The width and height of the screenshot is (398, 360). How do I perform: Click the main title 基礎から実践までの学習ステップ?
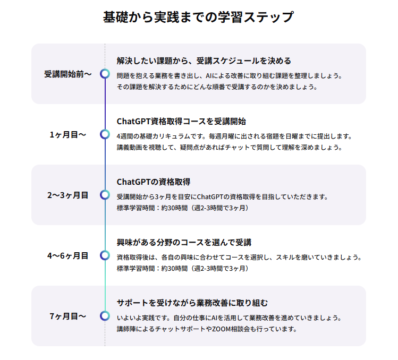coord(198,17)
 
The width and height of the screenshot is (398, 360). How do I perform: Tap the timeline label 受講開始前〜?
coord(67,74)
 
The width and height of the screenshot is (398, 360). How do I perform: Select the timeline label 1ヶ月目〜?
coord(67,134)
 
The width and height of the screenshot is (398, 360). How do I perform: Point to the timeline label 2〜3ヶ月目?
coord(67,195)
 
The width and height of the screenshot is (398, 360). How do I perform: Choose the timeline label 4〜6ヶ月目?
coord(67,255)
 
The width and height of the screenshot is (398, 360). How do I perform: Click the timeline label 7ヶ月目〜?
coord(67,316)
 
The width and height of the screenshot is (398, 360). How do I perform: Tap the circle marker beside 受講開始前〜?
coord(105,74)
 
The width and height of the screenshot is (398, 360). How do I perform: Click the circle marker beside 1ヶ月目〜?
coord(105,134)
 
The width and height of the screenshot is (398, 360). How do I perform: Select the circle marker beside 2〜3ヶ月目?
coord(105,195)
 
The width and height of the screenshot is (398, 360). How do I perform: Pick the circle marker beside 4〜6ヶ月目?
coord(105,255)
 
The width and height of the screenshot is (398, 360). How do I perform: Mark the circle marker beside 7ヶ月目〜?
coord(105,316)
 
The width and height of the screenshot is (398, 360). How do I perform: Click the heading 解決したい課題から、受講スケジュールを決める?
coord(204,61)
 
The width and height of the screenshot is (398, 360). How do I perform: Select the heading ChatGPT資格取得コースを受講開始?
coord(181,121)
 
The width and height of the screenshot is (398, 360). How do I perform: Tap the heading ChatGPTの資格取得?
coord(154,182)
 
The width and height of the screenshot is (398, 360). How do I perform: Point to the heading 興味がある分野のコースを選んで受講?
coord(184,242)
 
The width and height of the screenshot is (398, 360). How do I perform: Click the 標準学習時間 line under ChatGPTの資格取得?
coord(182,208)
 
